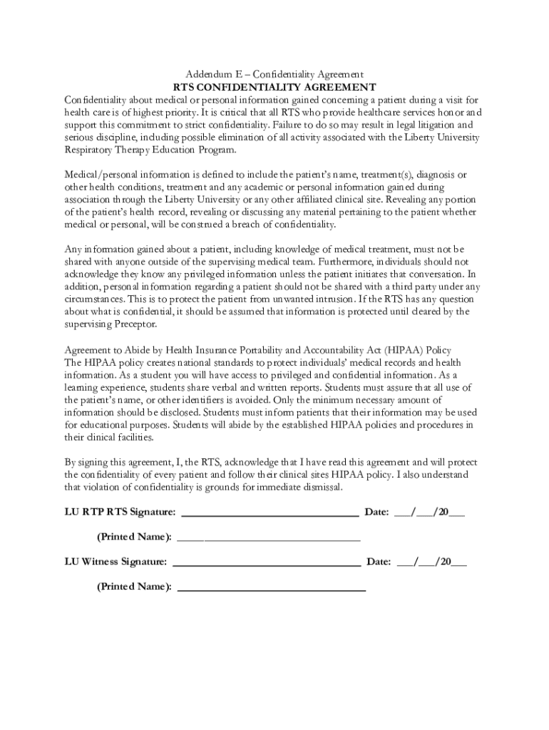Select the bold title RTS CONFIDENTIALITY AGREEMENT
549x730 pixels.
click(274, 87)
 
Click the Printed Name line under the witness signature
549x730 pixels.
click(271, 589)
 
